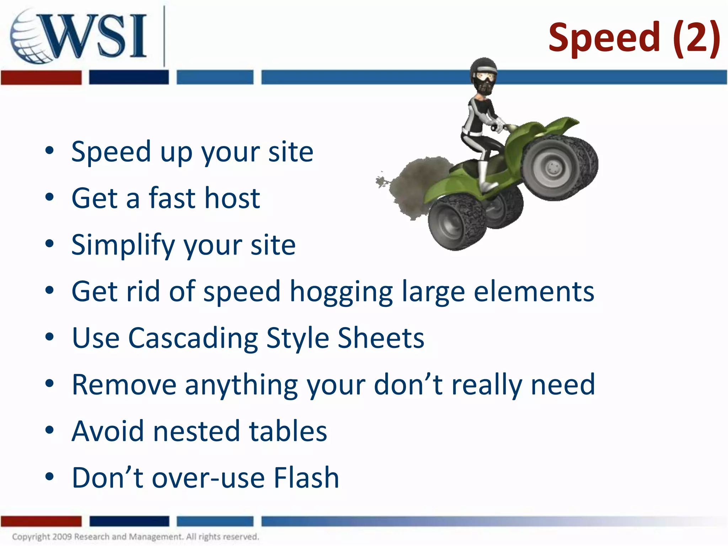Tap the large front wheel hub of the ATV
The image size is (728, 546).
(x=553, y=167)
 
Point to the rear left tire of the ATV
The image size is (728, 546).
(x=457, y=222)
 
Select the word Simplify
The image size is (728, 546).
(x=123, y=245)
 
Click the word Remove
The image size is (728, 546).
(x=124, y=385)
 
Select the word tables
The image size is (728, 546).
(x=288, y=431)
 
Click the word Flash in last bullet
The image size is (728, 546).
(x=306, y=478)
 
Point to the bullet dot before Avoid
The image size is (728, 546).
(x=49, y=430)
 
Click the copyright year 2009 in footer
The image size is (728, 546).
(x=62, y=536)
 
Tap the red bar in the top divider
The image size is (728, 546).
(x=41, y=77)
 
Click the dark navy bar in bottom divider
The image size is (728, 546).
(x=129, y=521)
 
